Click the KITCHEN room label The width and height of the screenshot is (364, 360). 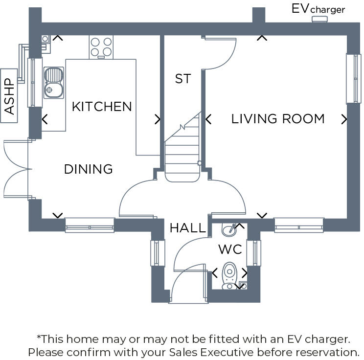click(x=102, y=107)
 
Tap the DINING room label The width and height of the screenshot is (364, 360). click(x=89, y=169)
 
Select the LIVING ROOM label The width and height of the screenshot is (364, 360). click(x=278, y=119)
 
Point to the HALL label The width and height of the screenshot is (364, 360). click(x=188, y=228)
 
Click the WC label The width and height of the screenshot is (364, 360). click(x=230, y=249)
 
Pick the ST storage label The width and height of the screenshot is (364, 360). click(x=182, y=79)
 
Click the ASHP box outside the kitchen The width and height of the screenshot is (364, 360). click(x=10, y=96)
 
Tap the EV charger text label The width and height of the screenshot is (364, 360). click(x=318, y=9)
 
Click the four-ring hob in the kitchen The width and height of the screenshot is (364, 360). click(x=101, y=47)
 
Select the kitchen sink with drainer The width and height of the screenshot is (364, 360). click(x=53, y=82)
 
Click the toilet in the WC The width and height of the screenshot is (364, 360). click(x=229, y=276)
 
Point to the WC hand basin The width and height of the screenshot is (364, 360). click(x=229, y=229)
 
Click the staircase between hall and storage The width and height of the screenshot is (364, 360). click(x=182, y=152)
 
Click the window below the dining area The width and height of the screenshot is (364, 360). click(x=90, y=225)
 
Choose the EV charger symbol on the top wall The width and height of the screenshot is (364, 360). click(x=319, y=19)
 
